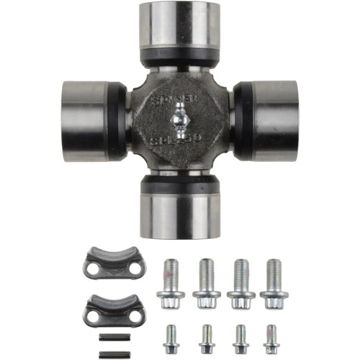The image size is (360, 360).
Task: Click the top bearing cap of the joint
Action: tap(180, 27)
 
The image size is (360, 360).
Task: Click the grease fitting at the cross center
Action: tap(180, 117)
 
